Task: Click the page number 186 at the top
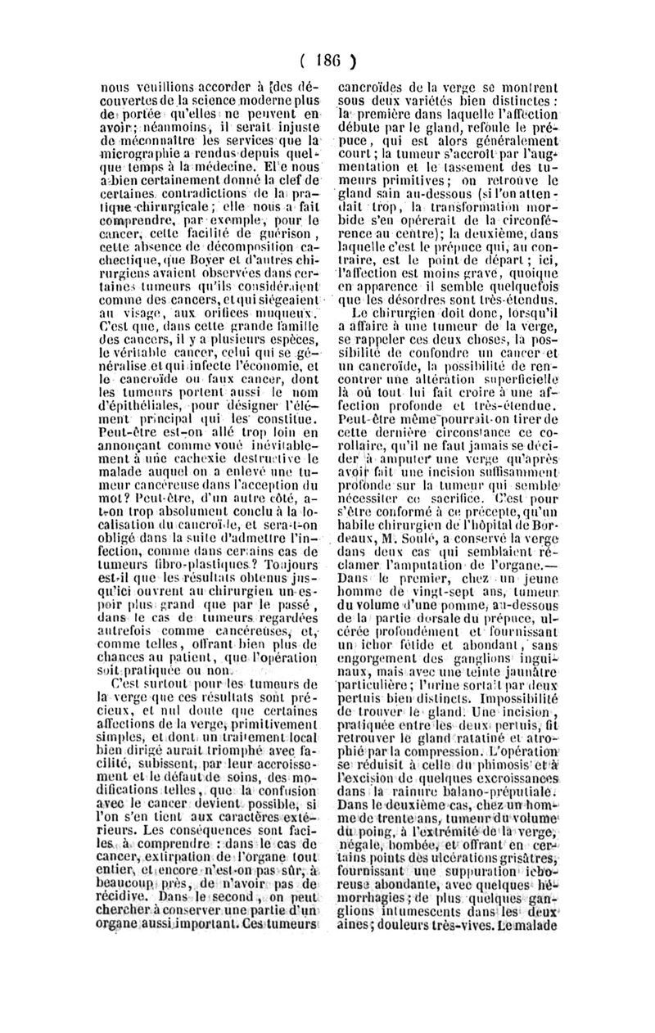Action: coord(328,60)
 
